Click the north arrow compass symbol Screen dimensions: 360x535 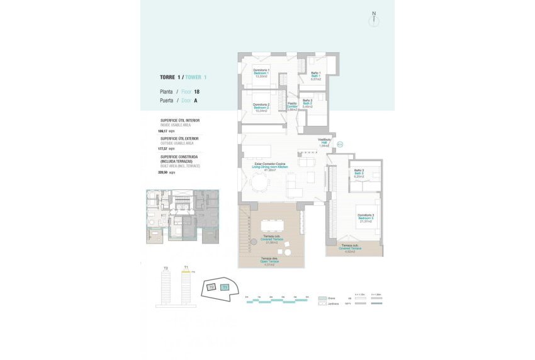click(x=374, y=18)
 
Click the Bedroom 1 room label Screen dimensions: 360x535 click(x=261, y=72)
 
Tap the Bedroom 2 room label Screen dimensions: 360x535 click(x=261, y=107)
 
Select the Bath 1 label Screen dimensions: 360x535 click(x=316, y=76)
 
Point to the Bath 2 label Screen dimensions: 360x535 click(x=308, y=103)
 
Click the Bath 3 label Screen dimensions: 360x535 click(x=359, y=174)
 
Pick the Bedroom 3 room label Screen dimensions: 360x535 click(x=366, y=218)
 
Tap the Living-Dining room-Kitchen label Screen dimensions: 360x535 click(x=270, y=167)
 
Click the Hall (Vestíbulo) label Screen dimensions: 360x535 click(x=324, y=142)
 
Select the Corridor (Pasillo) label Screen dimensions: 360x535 click(x=292, y=106)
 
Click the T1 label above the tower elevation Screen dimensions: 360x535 click(x=186, y=267)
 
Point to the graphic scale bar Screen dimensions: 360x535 click(x=277, y=300)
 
